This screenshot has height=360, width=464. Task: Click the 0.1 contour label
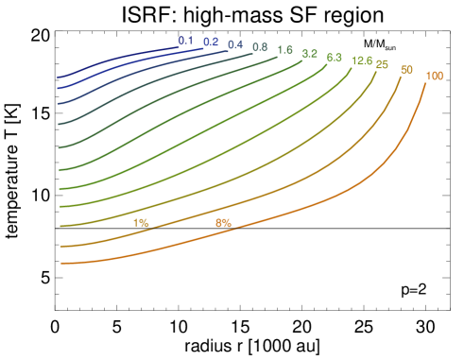185,41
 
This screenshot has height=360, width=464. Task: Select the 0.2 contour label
211,43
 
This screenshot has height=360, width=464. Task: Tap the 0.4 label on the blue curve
235,45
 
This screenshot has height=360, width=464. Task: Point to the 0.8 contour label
260,47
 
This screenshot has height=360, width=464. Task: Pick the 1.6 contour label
284,50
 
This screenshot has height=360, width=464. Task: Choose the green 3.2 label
309,54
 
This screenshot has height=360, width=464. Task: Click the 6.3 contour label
334,58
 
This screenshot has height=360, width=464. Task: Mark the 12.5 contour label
361,61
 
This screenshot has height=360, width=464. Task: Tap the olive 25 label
382,65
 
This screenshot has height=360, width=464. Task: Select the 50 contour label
406,71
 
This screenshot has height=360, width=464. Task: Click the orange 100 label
435,77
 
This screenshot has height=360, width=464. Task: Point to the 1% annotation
141,223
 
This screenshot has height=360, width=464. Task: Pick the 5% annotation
223,223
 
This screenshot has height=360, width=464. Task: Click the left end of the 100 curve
60,264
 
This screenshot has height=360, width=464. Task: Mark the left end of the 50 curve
60,246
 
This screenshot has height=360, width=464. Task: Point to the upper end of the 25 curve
376,72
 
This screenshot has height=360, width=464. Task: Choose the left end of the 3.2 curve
60,170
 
